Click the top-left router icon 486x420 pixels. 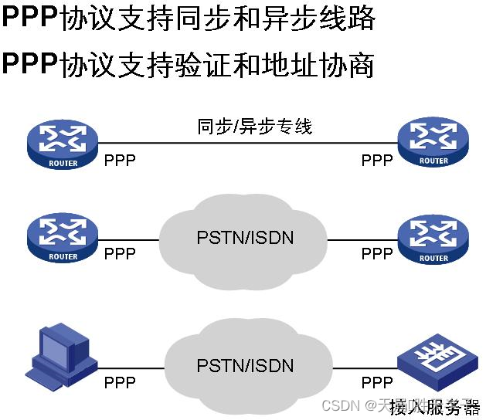point(63,144)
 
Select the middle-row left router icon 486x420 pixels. point(63,237)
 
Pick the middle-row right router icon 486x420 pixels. point(433,237)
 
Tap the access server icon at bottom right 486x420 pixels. point(435,357)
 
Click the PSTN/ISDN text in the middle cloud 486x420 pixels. point(245,237)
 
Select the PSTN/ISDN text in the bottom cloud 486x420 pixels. point(245,365)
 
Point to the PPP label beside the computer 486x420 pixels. point(120,382)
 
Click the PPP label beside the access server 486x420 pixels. point(377,382)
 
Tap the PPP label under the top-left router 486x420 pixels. point(120,161)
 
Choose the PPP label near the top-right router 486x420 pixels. point(377,161)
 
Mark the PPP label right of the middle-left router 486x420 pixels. point(120,254)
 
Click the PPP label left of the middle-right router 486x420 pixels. point(377,254)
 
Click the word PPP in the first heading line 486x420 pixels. point(30,19)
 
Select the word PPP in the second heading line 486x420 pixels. point(30,64)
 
